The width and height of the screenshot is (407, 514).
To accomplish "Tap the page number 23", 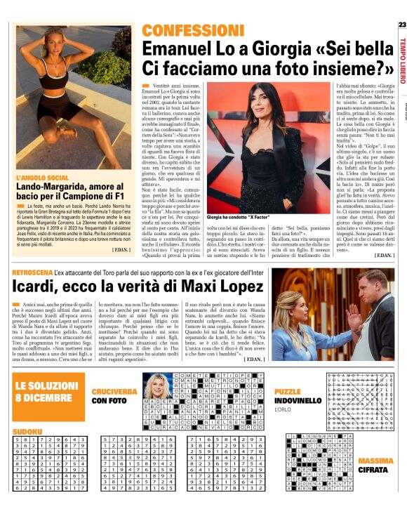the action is tap(401, 25).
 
